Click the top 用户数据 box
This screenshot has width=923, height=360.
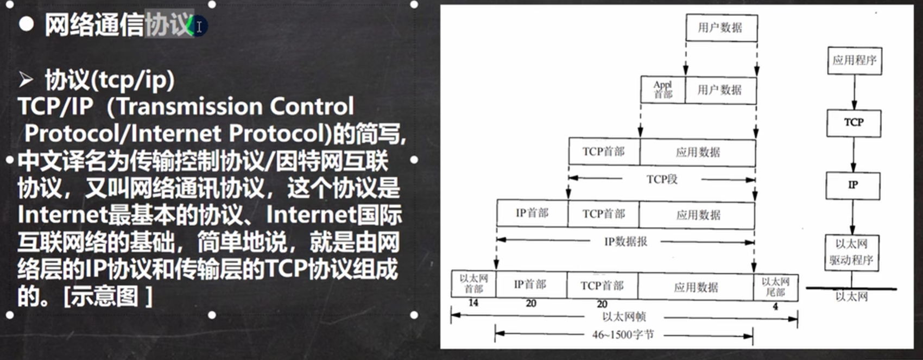tap(720, 28)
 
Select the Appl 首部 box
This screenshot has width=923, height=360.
tap(662, 90)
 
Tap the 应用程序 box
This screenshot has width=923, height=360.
tap(854, 60)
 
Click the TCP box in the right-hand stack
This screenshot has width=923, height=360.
tap(854, 123)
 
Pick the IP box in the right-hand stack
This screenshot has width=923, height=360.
tap(853, 185)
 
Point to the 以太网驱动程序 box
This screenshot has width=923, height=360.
tap(851, 252)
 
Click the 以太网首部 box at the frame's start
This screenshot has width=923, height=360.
tap(473, 283)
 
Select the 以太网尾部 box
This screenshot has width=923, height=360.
tap(775, 287)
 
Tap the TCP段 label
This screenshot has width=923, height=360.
tap(661, 179)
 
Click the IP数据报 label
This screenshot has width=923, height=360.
tap(625, 241)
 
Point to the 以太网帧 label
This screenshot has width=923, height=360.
tap(624, 317)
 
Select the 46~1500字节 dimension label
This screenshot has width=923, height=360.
tap(623, 335)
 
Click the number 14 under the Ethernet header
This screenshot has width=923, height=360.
tap(473, 303)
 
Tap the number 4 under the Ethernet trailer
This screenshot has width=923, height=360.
tap(775, 307)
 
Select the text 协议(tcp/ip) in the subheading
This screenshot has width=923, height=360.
tap(109, 80)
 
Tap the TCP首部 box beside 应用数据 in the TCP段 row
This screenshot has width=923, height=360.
tap(604, 151)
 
